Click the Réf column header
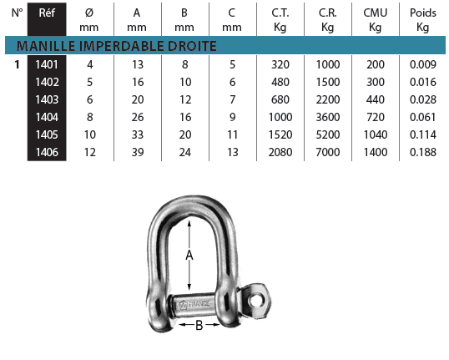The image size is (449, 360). click(47, 13)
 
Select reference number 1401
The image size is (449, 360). click(47, 64)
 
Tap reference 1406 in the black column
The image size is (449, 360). click(47, 152)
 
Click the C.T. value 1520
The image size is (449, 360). click(280, 134)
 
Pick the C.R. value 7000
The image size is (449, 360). click(328, 152)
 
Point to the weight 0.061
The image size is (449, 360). click(423, 117)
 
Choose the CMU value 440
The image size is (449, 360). click(376, 99)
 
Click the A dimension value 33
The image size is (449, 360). click(138, 134)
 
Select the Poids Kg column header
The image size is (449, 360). click(423, 20)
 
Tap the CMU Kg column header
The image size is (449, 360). click(376, 20)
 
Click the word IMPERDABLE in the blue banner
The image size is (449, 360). click(121, 46)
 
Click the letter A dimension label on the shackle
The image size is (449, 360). click(189, 255)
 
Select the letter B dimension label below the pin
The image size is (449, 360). click(199, 325)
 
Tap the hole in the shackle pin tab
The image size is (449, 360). click(255, 301)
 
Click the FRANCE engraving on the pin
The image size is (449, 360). click(199, 303)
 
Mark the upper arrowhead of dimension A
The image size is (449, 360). click(189, 222)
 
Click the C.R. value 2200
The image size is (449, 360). click(328, 99)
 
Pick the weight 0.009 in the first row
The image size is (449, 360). click(423, 64)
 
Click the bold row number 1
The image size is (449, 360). click(18, 64)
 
